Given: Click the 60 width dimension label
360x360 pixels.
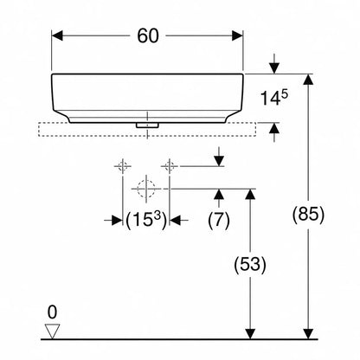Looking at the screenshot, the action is click(148, 36).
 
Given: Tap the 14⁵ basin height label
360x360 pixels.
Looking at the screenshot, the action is click(274, 98).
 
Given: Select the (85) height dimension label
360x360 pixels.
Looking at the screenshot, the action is click(308, 215).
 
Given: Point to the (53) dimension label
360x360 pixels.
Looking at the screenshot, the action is click(250, 264).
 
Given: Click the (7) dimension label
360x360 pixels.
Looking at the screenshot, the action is click(219, 220).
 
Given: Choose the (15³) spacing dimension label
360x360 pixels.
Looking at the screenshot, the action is click(146, 221).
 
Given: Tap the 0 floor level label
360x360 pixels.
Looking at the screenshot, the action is click(52, 312).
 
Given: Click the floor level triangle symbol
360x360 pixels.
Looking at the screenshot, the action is click(52, 331).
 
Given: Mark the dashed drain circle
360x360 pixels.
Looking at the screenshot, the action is click(146, 189).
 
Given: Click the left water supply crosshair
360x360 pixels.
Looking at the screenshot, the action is click(123, 166).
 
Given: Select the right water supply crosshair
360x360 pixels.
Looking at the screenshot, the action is click(170, 166).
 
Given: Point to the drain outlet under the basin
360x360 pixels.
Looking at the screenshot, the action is click(147, 125).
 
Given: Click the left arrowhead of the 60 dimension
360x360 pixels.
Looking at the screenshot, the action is click(57, 36).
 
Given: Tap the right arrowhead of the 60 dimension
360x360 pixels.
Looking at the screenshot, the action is click(237, 36).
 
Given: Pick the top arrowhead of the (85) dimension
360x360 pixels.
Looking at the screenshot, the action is click(309, 80).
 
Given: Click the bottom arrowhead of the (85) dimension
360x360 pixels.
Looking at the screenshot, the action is click(309, 334).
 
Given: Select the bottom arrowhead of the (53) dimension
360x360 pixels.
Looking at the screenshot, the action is click(250, 334).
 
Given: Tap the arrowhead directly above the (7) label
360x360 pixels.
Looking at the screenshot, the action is click(219, 195).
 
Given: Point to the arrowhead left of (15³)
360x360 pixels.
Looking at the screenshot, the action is click(117, 221).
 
